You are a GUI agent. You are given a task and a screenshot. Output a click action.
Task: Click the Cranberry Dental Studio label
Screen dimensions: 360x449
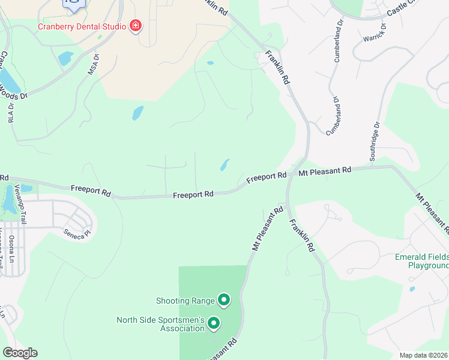[82, 26]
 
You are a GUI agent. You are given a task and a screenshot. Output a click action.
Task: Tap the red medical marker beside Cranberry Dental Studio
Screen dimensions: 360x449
[136, 26]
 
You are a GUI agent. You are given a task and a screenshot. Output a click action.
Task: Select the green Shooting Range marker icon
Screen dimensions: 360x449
[224, 299]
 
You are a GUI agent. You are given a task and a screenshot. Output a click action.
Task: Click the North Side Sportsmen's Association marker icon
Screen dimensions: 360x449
[214, 325]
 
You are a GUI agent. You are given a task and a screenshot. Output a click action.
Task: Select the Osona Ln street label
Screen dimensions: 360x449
[11, 249]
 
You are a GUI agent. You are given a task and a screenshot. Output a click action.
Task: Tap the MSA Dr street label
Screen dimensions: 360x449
[93, 64]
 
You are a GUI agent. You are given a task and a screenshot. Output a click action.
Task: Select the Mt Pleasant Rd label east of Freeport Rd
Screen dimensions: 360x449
[325, 172]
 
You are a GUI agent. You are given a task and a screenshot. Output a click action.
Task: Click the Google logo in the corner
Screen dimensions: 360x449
[19, 353]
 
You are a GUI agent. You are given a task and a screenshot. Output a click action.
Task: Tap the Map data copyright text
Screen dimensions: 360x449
[424, 355]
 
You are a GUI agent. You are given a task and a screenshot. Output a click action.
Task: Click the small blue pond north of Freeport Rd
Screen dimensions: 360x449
[224, 164]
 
